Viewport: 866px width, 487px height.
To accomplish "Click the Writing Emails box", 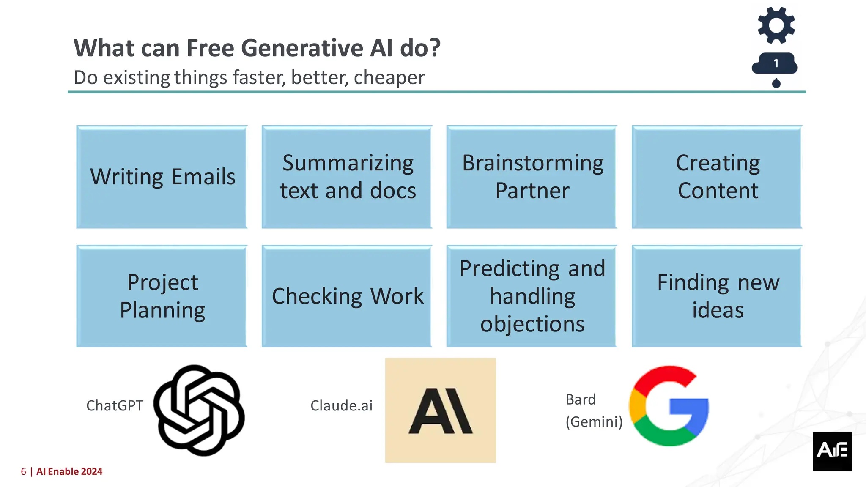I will [x=162, y=177].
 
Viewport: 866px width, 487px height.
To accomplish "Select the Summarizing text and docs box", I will [x=347, y=177].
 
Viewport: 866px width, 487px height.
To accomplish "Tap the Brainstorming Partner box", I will [x=532, y=177].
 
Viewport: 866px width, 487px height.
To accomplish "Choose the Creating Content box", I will [x=717, y=177].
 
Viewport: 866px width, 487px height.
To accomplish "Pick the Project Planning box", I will [x=162, y=296].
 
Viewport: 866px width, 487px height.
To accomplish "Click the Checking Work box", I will [x=347, y=296].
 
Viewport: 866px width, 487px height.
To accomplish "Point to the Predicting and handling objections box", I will [x=532, y=296].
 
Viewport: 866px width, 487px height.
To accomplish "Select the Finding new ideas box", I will [x=717, y=296].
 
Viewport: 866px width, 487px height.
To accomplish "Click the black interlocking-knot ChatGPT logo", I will [x=199, y=410].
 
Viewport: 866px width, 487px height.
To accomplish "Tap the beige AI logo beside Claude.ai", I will [x=441, y=410].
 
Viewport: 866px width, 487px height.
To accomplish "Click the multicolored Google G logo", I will [x=669, y=406].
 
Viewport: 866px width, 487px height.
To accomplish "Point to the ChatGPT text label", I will [x=115, y=406].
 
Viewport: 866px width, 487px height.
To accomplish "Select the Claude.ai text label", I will [x=341, y=406].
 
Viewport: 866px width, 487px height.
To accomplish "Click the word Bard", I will [x=581, y=399].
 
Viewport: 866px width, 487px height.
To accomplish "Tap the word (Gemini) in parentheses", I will [x=594, y=422].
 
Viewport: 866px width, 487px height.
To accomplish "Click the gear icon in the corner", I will [x=776, y=25].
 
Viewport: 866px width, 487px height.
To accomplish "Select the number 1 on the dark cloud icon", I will [x=776, y=63].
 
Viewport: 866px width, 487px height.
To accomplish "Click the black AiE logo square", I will [x=832, y=451].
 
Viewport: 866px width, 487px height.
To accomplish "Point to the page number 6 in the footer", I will [x=24, y=472].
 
